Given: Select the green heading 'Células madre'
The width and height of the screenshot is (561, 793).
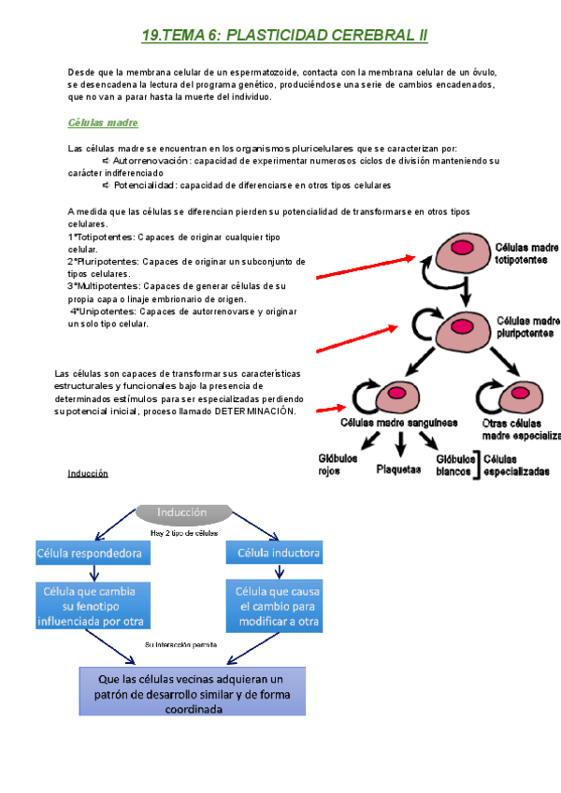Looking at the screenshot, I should click(x=103, y=123).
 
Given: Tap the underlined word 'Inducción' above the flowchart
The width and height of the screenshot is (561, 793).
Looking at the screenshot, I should click(x=88, y=473).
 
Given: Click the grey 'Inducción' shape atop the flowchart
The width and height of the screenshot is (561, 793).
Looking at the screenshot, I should click(x=184, y=512).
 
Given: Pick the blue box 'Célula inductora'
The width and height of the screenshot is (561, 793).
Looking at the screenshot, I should click(x=278, y=554).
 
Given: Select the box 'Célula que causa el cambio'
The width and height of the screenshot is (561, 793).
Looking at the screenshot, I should click(x=278, y=605).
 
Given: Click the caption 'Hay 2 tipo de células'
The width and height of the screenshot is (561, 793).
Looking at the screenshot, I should click(x=183, y=533).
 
